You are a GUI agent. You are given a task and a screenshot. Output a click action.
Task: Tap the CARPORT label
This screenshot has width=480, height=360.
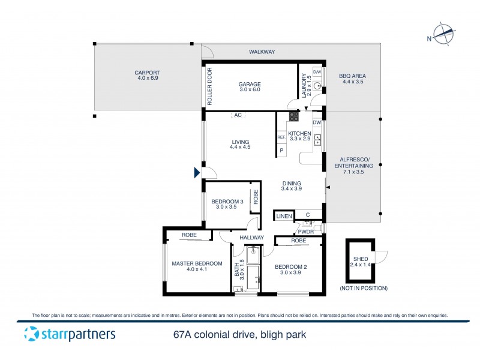click(x=147, y=76)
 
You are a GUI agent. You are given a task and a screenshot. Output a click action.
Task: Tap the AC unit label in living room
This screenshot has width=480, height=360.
click(x=238, y=115)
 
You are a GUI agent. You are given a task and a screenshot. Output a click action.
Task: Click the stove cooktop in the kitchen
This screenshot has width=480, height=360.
click(x=294, y=117)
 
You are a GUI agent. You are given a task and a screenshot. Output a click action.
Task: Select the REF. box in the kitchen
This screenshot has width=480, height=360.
click(x=281, y=137)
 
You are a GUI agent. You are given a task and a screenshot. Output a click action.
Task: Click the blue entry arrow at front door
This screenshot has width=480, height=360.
click(x=197, y=173)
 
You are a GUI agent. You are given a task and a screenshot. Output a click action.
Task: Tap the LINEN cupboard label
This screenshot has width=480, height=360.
click(x=284, y=215)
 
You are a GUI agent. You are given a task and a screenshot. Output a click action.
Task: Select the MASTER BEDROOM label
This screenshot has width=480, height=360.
click(x=197, y=266)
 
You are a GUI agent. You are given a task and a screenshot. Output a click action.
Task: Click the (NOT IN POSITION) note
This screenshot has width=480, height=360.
click(x=363, y=289)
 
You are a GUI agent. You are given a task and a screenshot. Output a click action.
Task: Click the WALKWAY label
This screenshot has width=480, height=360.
click(x=262, y=52)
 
